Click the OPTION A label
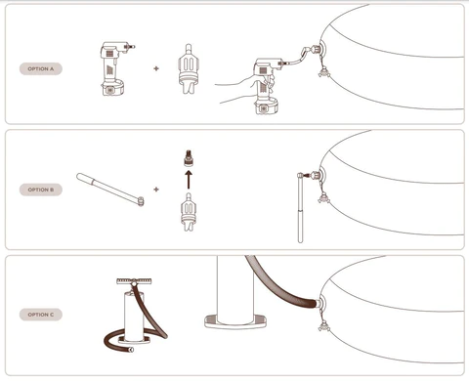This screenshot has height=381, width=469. point(41,68)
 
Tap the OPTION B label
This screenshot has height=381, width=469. point(41,190)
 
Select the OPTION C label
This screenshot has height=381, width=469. point(41,315)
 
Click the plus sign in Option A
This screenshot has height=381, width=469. point(156,68)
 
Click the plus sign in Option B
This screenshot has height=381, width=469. point(156,190)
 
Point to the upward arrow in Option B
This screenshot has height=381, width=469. point(189,180)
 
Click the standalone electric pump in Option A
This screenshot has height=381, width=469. point(114,68)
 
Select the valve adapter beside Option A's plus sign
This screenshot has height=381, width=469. point(189,68)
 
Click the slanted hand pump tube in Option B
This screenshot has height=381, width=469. point(110,190)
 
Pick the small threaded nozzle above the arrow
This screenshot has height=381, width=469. point(189,158)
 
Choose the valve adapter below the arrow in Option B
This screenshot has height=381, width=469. point(189,212)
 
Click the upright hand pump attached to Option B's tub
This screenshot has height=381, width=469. point(300,208)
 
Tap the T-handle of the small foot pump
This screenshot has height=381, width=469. point(134,280)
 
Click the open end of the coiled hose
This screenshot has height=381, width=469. point(131,350)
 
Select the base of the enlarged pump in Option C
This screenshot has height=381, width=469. point(235,321)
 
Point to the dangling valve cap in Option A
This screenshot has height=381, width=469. point(324,72)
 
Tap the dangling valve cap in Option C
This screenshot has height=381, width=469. point(324,326)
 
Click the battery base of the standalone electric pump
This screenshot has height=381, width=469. point(112,88)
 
